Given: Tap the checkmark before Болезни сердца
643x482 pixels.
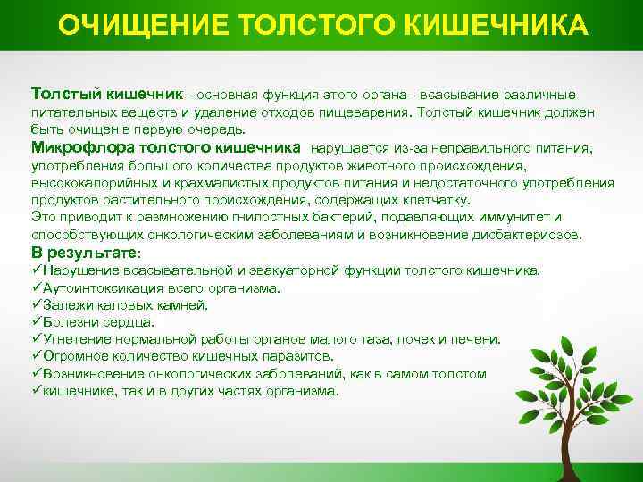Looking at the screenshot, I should tap(36, 322).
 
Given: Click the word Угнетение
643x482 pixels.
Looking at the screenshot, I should tap(74, 339).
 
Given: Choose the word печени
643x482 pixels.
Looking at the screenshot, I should tap(479, 339).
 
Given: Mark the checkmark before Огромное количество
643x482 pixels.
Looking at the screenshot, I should tap(36, 356).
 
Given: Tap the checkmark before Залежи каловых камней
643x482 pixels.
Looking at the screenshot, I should tap(36, 305).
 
